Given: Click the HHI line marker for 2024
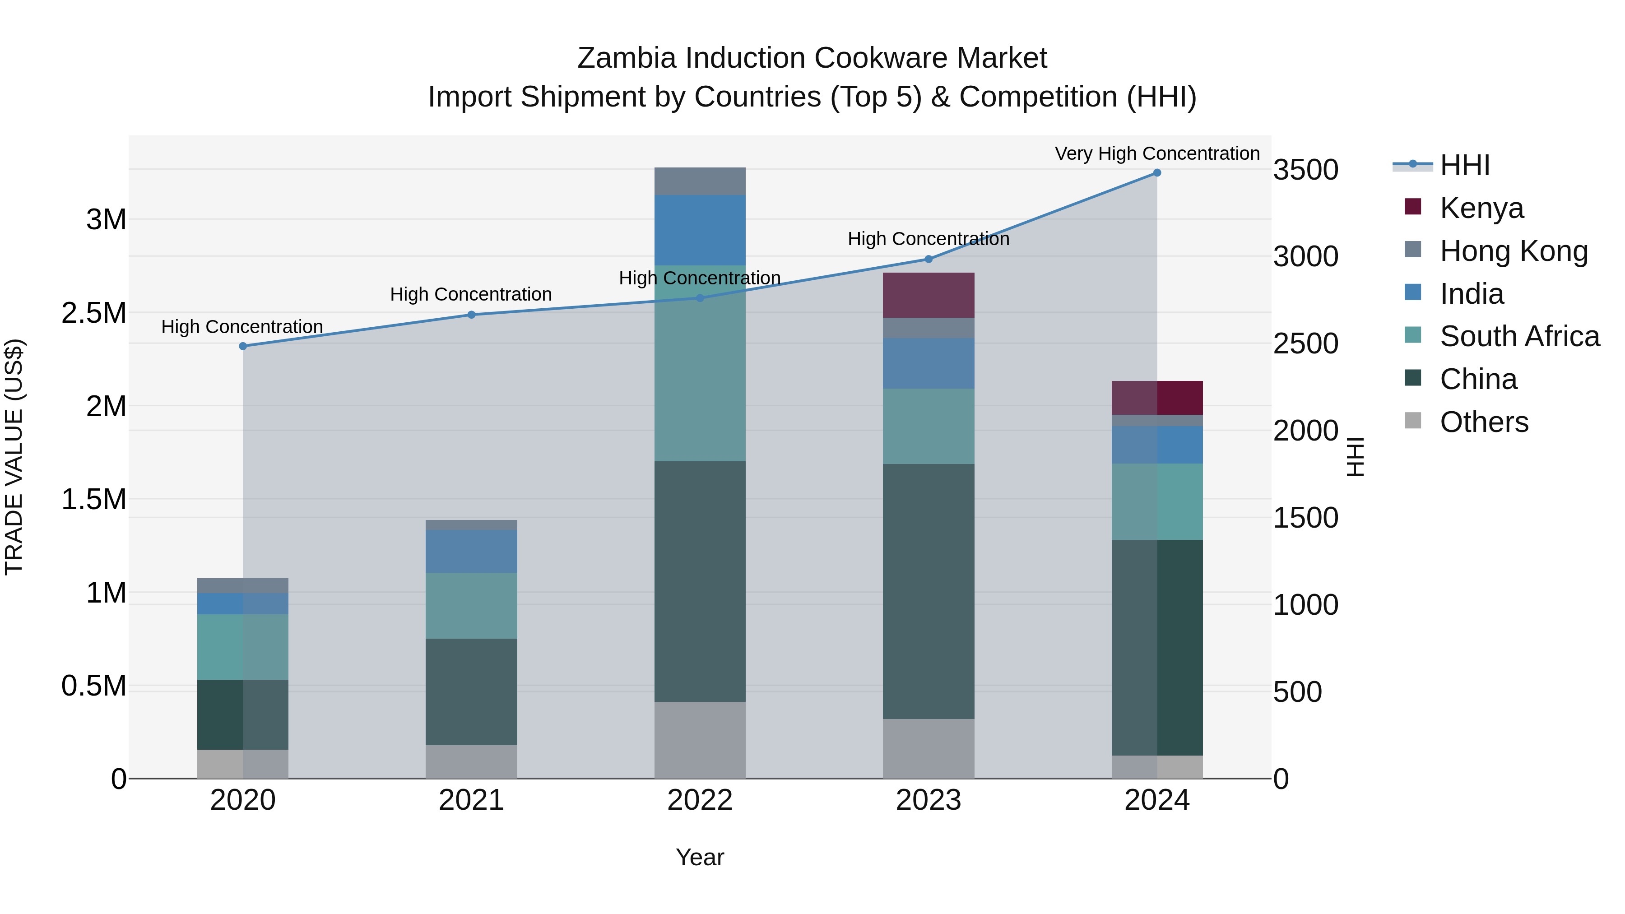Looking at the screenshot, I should (1156, 172).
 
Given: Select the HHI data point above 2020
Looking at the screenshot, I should (243, 346).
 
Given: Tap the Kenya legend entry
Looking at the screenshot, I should (1481, 208).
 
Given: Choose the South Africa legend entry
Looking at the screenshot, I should (1519, 336).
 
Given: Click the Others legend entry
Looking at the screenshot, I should (1483, 422).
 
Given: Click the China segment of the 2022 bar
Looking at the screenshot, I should (700, 580).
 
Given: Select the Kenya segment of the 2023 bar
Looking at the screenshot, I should (928, 295).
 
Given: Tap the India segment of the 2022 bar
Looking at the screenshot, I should (700, 230).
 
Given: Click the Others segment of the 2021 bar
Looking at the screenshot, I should (471, 761).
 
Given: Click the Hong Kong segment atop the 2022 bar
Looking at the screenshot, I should (700, 181).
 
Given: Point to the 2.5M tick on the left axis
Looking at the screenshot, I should (94, 313).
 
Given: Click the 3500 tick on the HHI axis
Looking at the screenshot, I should (1305, 170).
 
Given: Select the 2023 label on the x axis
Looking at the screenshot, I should (928, 800).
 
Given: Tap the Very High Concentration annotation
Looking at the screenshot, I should (1156, 153).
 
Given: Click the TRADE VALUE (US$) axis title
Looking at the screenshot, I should (14, 457).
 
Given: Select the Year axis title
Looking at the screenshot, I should (700, 857).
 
